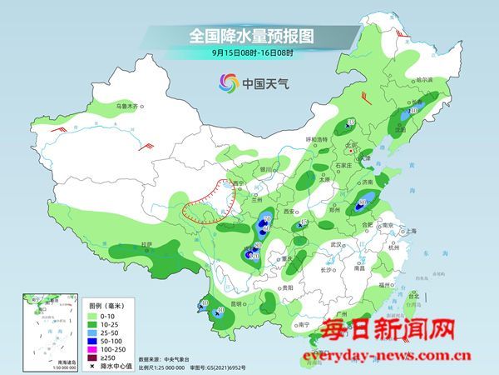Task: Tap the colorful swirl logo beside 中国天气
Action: [x=228, y=83]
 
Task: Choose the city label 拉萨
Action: [x=147, y=244]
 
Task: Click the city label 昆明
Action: [x=240, y=305]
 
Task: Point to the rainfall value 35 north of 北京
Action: [x=351, y=122]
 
